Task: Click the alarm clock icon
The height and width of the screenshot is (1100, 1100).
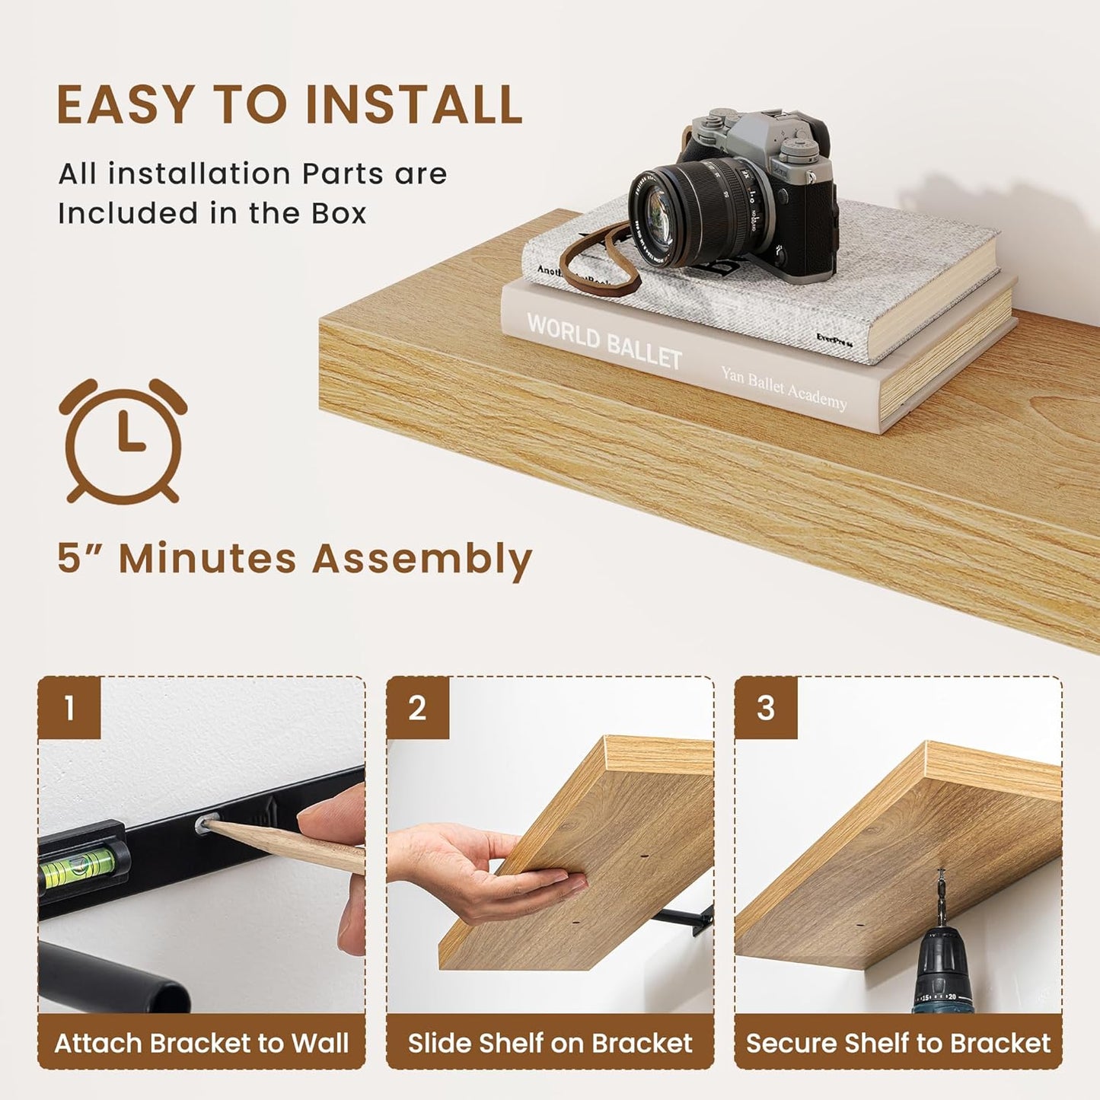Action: coord(123,441)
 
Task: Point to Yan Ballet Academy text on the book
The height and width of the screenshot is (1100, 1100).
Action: coord(783,387)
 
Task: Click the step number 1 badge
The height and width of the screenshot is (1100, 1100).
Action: coord(69,708)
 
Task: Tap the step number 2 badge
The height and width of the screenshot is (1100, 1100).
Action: coord(417,708)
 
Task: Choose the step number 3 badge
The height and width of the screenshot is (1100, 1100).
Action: coord(766,708)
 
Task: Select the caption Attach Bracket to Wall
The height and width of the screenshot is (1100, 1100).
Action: coord(202,1043)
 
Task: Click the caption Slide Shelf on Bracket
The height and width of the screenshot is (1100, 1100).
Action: coord(550,1043)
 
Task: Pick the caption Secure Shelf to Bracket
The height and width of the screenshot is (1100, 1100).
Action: coord(898,1043)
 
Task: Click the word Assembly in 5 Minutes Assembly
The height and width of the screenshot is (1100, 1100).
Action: coord(422,559)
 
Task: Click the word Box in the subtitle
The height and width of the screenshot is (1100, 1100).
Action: coord(339,213)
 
